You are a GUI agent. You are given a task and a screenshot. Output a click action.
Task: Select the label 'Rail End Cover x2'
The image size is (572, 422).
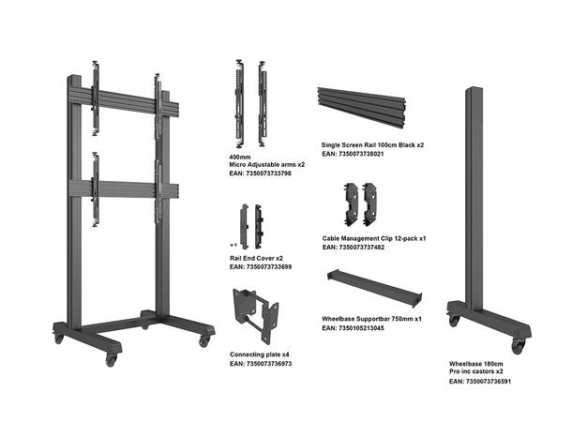pyautogui.click(x=256, y=258)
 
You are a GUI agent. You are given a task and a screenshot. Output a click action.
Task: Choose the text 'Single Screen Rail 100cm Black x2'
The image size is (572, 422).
pyautogui.click(x=372, y=145)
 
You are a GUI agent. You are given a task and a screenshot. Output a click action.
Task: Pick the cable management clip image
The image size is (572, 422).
pyautogui.click(x=361, y=202)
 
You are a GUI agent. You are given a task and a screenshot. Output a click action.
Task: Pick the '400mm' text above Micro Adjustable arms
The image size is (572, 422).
pyautogui.click(x=239, y=156)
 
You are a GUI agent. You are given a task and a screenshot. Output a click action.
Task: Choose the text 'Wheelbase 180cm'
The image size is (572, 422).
pyautogui.click(x=475, y=364)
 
